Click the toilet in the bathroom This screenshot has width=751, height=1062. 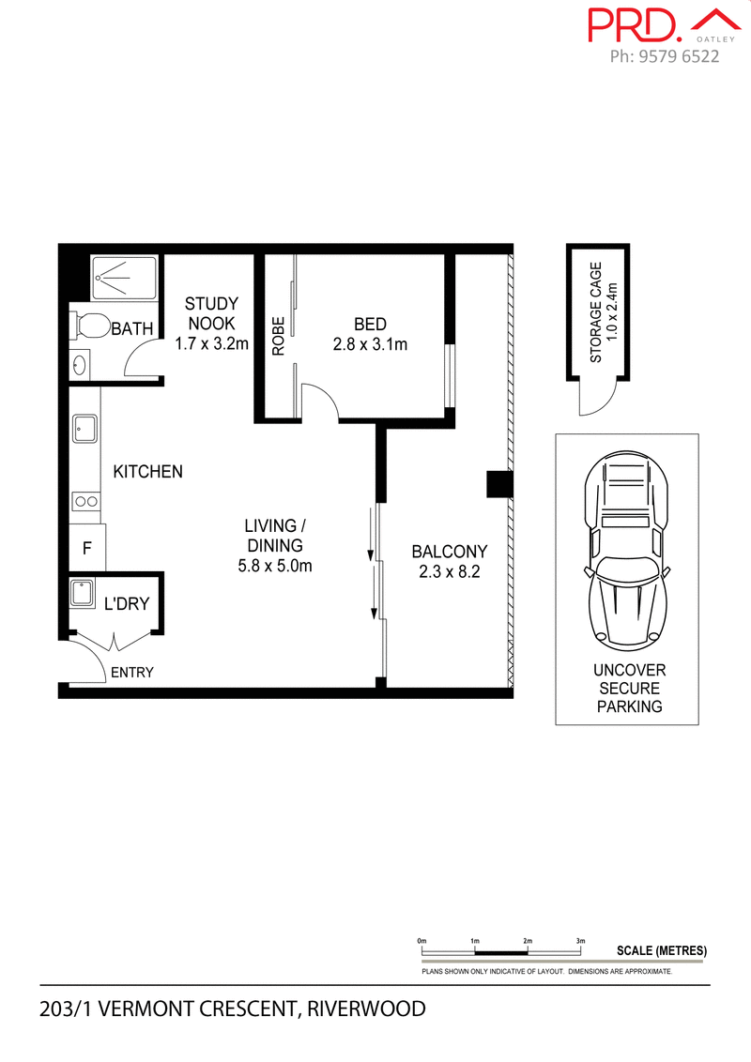(x=91, y=326)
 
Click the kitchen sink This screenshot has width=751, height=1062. (x=86, y=430)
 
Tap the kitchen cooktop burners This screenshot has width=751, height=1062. (x=86, y=501)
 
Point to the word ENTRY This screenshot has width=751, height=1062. (x=131, y=673)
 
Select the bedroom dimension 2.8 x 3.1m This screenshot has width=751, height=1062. (x=370, y=345)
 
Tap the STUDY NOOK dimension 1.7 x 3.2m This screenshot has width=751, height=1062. (x=211, y=343)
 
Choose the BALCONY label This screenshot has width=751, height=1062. (x=450, y=552)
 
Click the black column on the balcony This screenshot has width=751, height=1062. (x=497, y=483)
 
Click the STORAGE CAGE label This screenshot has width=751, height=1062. (x=595, y=312)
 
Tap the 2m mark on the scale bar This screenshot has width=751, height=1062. (x=528, y=940)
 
